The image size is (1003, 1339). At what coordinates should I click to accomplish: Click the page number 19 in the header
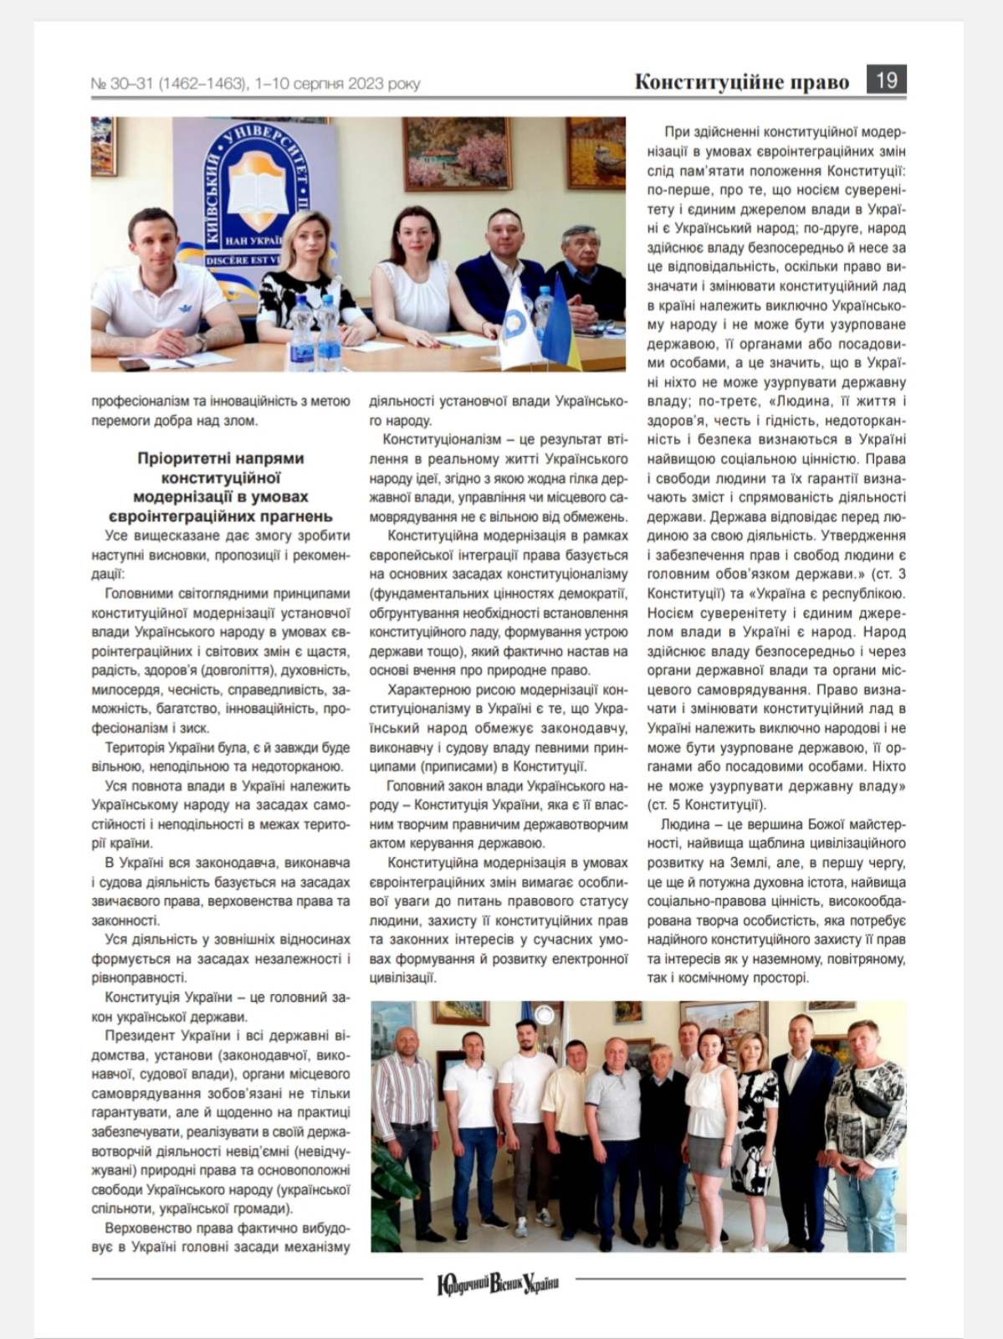coord(886,80)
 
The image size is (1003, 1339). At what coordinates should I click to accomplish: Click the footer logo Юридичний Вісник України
coord(498,1283)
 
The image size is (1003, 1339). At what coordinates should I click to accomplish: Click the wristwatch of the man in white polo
coord(201,341)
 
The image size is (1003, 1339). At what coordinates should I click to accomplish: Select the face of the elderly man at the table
coord(582,245)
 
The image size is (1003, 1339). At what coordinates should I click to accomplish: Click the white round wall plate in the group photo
coord(545,1015)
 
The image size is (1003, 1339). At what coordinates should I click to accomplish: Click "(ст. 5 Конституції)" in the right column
coord(706,805)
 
